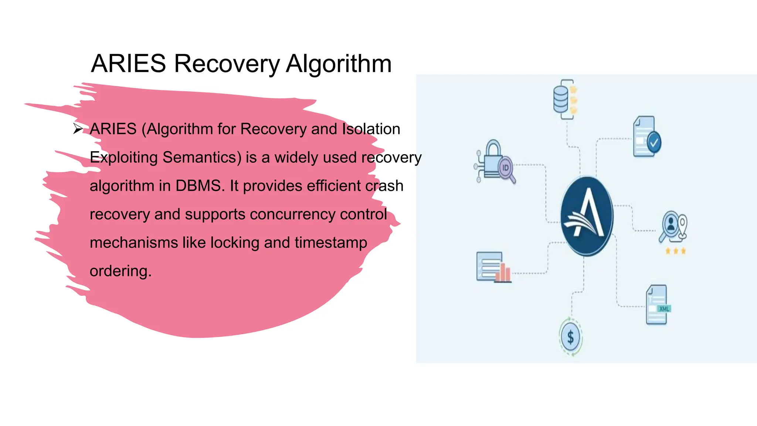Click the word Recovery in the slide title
[227, 64]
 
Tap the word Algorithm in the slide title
[339, 64]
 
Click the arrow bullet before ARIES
[78, 129]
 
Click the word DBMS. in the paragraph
[200, 186]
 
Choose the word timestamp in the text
[331, 243]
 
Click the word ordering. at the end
[120, 271]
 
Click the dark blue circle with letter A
[587, 216]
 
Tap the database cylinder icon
[561, 99]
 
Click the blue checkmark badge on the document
[654, 142]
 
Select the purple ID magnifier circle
[505, 168]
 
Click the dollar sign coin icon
[570, 337]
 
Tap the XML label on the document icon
[664, 309]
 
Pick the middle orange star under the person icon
[676, 251]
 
